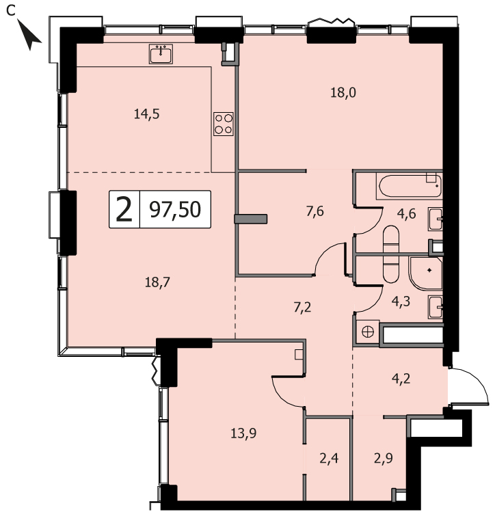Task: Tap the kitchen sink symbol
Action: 161,54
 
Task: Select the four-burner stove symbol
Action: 224,124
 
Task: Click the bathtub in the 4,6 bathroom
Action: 410,186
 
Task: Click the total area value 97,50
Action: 175,210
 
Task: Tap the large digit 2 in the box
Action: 124,210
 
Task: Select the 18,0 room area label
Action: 343,92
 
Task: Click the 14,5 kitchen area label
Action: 147,114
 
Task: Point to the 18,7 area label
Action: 157,282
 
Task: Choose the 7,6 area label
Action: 315,211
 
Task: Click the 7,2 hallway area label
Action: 302,307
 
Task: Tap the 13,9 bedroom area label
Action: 243,433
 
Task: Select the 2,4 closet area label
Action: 329,459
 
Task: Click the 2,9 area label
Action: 384,459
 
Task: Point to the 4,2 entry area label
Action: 401,379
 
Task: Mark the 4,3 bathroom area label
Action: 401,301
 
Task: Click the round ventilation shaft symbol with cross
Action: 368,332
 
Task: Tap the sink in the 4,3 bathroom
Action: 436,307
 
